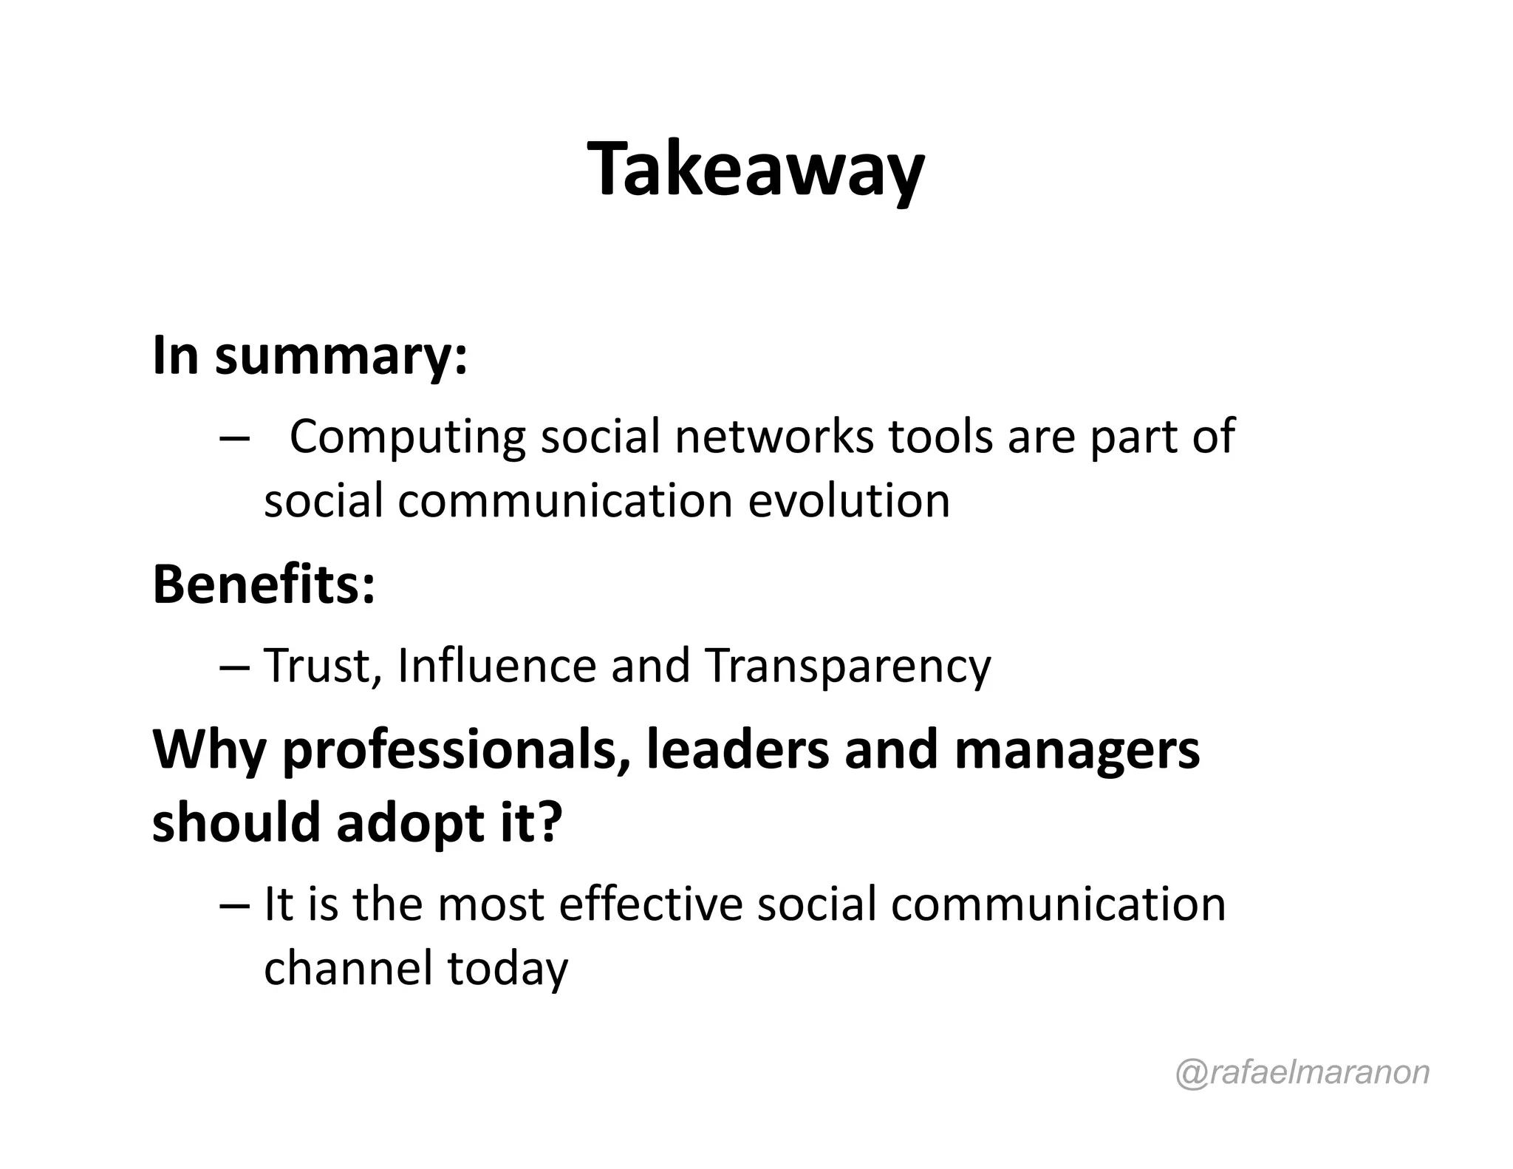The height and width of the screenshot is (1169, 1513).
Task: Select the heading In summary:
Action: (310, 356)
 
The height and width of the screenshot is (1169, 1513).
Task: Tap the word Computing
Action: (407, 437)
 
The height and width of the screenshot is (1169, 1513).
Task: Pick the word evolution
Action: (849, 502)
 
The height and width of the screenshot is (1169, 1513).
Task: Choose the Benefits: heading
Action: (264, 584)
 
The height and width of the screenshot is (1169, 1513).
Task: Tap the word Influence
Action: (496, 666)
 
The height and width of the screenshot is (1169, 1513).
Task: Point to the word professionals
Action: (450, 751)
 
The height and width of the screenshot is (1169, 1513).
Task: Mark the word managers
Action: (1076, 751)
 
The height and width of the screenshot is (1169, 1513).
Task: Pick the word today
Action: (508, 970)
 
